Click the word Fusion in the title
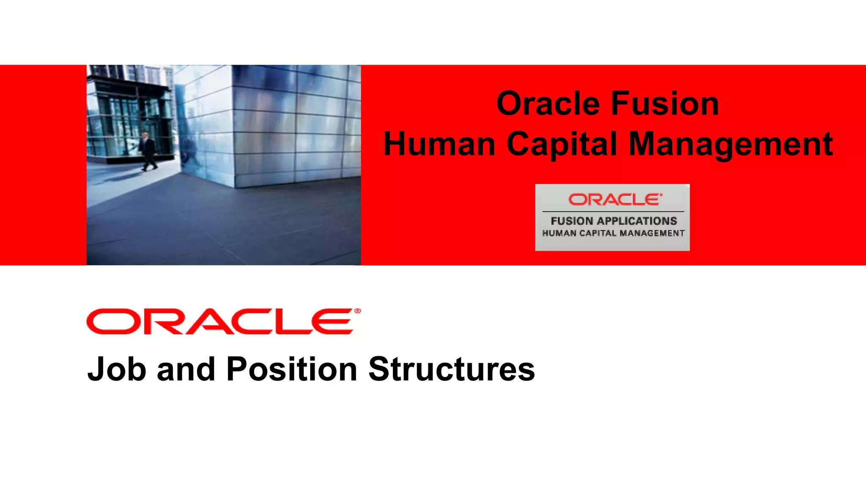pyautogui.click(x=665, y=104)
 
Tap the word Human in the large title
pyautogui.click(x=439, y=145)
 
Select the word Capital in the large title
pyautogui.click(x=562, y=145)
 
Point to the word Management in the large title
pyautogui.click(x=731, y=145)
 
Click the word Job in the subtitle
pyautogui.click(x=117, y=369)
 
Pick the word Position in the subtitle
pyautogui.click(x=292, y=369)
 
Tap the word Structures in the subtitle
pyautogui.click(x=452, y=369)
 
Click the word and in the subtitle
pyautogui.click(x=186, y=369)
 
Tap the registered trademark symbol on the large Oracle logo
pyautogui.click(x=358, y=311)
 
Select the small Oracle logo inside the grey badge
pyautogui.click(x=615, y=200)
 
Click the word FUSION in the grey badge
pyautogui.click(x=572, y=221)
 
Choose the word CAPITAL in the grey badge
pyautogui.click(x=597, y=233)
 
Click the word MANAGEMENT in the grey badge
pyautogui.click(x=652, y=233)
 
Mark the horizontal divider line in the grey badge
pyautogui.click(x=613, y=211)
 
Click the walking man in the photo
pyautogui.click(x=148, y=151)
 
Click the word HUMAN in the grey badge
pyautogui.click(x=559, y=233)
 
